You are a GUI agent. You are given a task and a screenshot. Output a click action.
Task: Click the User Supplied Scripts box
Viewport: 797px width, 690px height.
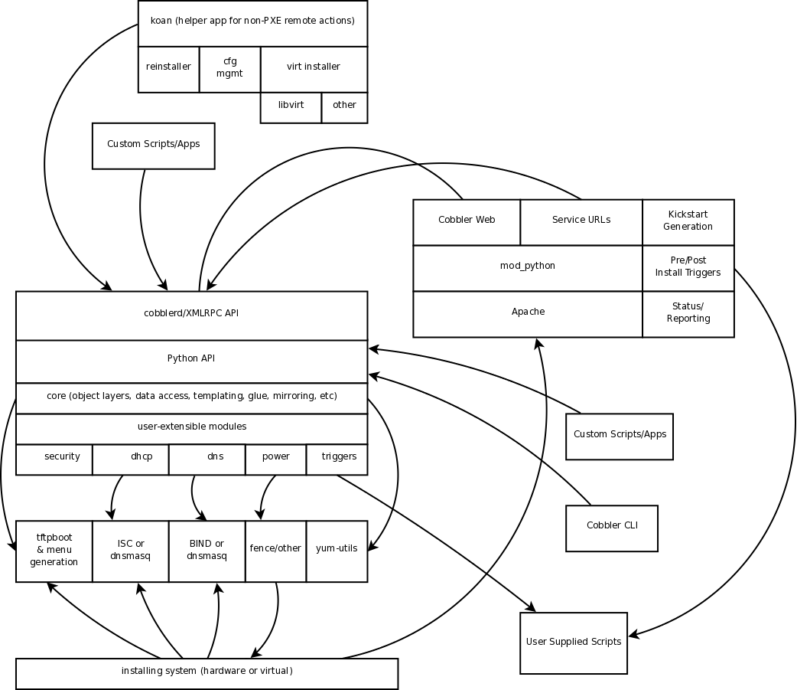point(574,643)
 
